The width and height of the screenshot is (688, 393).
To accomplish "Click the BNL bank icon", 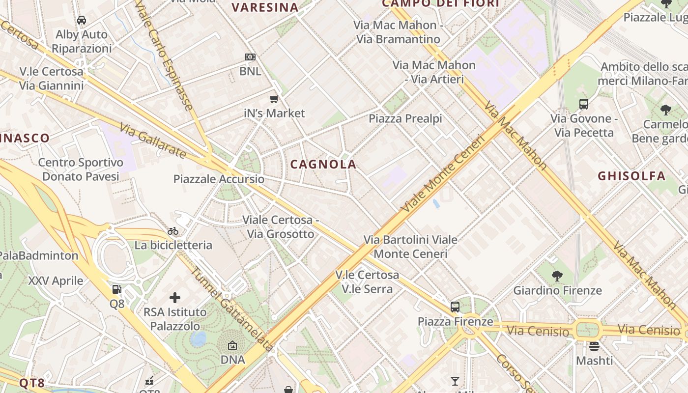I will click(x=250, y=57).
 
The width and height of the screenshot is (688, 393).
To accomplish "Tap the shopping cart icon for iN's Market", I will click(x=274, y=99).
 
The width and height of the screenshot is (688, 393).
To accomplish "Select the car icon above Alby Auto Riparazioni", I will click(x=82, y=20).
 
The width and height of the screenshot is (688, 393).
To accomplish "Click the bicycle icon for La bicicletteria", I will click(x=173, y=231).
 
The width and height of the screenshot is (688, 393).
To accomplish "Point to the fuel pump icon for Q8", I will click(x=116, y=289).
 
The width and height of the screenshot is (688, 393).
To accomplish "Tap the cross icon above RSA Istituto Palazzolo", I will click(x=175, y=297).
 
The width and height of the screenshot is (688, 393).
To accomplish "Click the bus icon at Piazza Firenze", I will click(x=455, y=307).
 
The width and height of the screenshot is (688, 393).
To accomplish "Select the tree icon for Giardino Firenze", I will click(x=557, y=276).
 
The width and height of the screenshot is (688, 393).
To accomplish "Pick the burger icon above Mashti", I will click(x=594, y=346).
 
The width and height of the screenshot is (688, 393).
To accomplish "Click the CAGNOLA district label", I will click(x=323, y=165).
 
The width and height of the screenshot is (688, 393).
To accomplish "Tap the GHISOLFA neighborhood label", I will click(x=631, y=176).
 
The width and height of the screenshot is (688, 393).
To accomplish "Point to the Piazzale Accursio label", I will click(x=219, y=179).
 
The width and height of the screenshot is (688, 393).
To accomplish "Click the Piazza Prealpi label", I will click(x=405, y=118).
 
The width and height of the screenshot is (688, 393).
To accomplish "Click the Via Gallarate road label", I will click(x=153, y=140).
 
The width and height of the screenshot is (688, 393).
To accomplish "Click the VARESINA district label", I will click(x=265, y=7).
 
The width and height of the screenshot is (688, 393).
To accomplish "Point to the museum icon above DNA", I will click(x=232, y=346).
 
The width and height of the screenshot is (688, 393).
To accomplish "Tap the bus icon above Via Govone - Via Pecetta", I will click(x=584, y=104).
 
